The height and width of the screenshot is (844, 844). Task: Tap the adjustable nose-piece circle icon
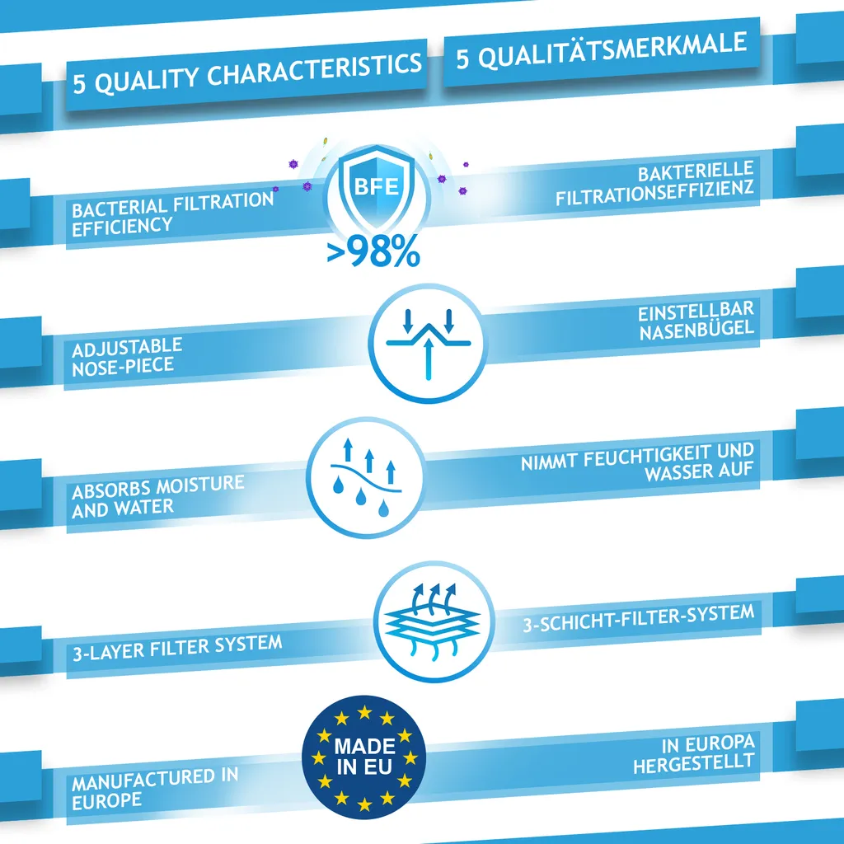coord(428,343)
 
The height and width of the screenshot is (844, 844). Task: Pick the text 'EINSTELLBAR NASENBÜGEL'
coord(696,322)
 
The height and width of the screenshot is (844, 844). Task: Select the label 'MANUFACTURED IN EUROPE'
coord(154,788)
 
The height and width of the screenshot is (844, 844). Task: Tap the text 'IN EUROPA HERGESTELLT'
coord(693,752)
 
